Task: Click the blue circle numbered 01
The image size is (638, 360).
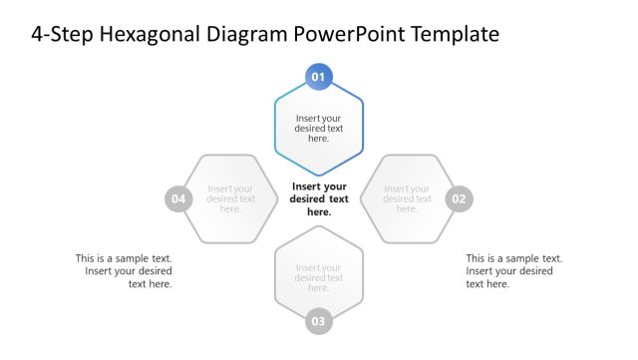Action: pos(319,77)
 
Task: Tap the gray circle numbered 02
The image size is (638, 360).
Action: pos(459,198)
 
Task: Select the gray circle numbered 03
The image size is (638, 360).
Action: pos(318,321)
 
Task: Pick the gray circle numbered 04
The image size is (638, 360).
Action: pos(178,198)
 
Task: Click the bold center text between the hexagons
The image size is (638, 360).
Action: pos(319,198)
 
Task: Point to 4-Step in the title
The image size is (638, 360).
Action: pos(60,36)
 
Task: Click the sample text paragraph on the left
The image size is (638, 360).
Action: pos(124,270)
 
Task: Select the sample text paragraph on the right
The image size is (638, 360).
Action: pos(513,270)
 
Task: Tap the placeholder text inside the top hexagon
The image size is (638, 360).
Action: pos(319,129)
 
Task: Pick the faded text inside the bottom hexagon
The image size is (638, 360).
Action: pos(319,277)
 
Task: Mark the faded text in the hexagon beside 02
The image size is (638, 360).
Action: pos(407,198)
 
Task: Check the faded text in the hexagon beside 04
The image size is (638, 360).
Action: pos(230,198)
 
